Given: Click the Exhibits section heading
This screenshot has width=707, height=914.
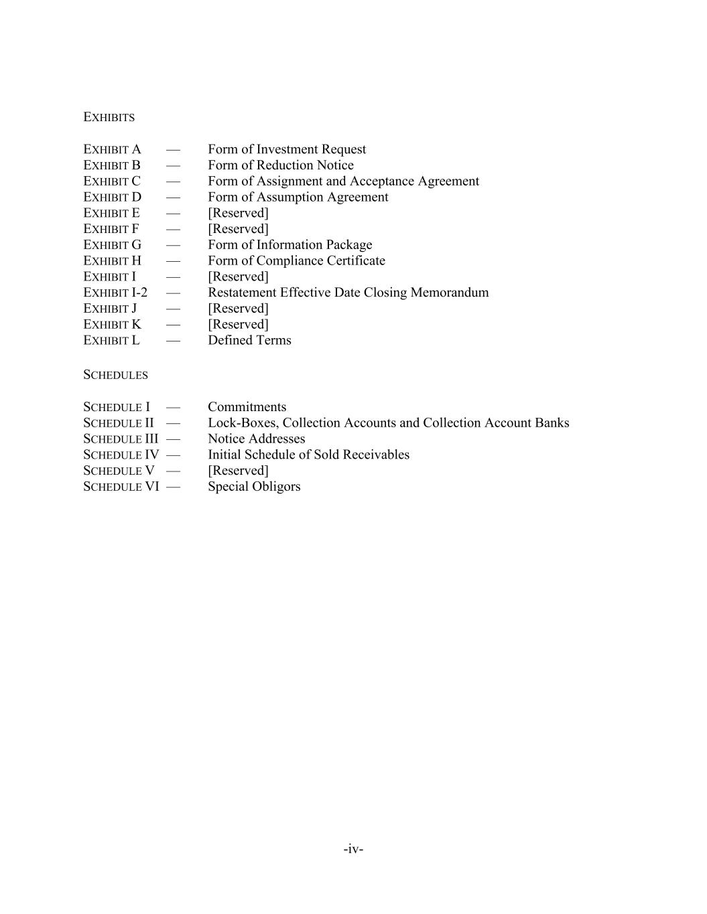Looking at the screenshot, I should pos(109,117).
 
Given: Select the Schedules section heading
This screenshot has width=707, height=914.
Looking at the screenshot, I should pos(115,375).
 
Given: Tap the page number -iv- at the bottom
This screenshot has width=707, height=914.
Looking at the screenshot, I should pos(353,849).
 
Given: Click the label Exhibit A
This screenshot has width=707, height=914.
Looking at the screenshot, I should pos(112,149).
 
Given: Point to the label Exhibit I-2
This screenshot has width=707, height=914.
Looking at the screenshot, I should pos(115,293).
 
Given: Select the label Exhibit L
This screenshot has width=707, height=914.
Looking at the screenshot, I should pos(111,340).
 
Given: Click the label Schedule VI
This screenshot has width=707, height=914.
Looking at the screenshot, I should pos(121,487).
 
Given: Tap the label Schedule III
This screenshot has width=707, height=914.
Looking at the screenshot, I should pos(121,439).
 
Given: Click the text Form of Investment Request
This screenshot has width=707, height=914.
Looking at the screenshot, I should pos(287,149).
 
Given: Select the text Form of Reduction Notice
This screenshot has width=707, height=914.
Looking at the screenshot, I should pos(280,165).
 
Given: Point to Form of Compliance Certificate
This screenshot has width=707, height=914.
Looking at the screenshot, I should pos(296,260).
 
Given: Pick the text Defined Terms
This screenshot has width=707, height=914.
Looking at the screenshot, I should pos(249,340).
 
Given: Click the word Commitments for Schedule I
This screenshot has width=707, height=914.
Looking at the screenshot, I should pos(247,407).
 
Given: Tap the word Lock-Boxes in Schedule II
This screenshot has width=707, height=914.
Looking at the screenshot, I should pos(242,423).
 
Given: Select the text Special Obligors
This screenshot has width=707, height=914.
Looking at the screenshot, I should pos(254,487).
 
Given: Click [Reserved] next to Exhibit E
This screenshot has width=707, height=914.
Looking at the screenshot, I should pos(238,213).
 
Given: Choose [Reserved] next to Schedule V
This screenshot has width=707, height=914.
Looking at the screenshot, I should pos(238,471).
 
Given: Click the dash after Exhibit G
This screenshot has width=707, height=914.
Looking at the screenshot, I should pos(173,245).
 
